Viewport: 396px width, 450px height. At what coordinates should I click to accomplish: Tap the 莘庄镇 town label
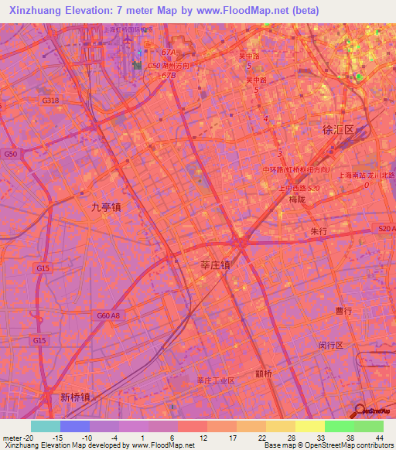point(210,264)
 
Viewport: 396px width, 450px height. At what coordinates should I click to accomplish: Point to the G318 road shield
point(50,101)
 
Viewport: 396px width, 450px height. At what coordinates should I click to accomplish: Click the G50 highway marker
point(11,155)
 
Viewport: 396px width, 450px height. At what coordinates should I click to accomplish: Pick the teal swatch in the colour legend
point(45,426)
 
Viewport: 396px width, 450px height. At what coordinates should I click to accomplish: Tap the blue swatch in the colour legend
point(74,426)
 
